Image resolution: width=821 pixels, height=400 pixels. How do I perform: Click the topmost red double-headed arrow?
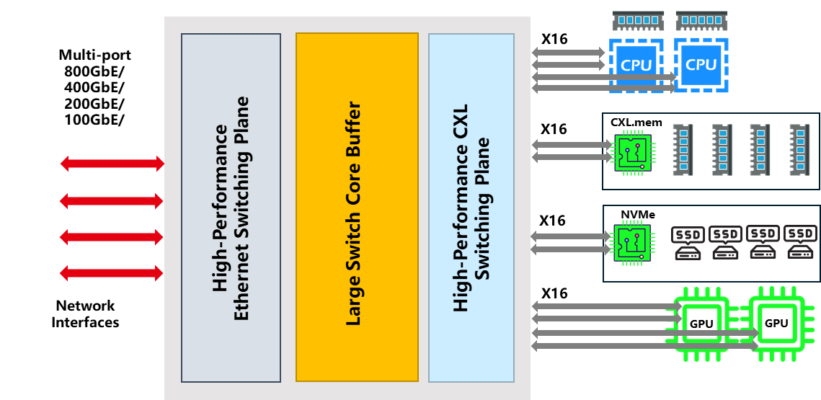(112, 164)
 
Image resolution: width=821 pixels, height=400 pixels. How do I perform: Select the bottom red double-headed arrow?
(112, 273)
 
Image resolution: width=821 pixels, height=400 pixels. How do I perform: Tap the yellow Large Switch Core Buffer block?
(357, 208)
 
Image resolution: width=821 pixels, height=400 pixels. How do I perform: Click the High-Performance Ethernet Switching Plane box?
(231, 208)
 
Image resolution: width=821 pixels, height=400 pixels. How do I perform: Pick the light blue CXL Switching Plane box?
(471, 208)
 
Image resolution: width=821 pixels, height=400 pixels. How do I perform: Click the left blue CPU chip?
(636, 65)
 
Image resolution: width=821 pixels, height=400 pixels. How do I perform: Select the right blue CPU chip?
(701, 65)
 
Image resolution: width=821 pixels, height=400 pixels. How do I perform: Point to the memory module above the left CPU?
(638, 20)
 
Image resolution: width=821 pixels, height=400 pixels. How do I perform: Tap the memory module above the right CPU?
(701, 20)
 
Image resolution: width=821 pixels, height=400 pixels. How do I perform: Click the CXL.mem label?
(636, 123)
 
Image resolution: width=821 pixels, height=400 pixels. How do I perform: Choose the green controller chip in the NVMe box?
(632, 243)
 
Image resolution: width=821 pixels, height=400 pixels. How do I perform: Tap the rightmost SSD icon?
(800, 243)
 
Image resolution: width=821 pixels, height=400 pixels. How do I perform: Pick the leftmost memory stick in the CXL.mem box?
(683, 150)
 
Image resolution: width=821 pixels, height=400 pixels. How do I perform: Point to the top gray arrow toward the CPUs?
(569, 53)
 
